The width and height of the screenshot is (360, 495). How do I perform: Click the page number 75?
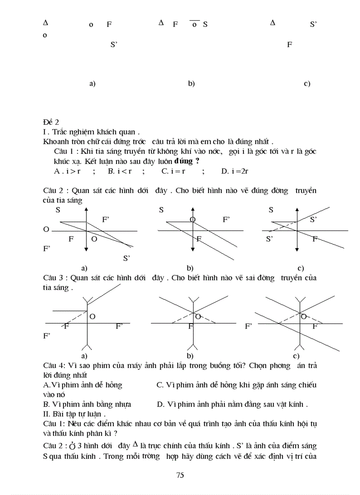180,475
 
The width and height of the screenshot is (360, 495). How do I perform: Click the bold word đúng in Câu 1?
183,161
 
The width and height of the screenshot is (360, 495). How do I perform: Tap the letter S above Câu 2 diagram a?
58,210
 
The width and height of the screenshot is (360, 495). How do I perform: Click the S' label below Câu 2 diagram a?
126,258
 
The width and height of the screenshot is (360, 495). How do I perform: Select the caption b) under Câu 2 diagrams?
190,268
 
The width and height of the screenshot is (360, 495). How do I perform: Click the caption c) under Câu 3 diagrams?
296,356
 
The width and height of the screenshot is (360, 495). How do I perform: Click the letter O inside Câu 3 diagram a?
92,316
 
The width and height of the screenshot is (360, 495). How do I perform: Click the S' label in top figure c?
313,25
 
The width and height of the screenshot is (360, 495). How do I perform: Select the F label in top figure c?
289,45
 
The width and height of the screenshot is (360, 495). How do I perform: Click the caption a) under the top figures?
92,83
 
